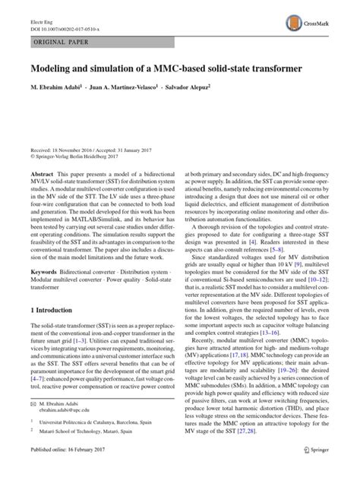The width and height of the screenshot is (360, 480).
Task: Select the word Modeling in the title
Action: [54, 68]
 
